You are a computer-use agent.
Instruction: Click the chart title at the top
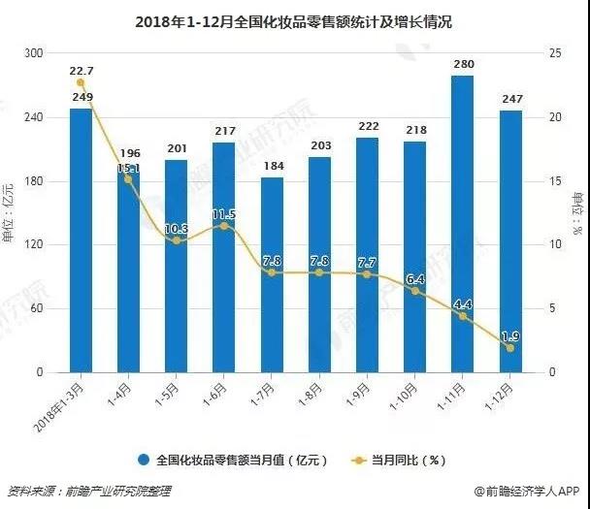[295, 20]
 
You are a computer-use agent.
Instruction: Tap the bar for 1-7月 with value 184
[272, 275]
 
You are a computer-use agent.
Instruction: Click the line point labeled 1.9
[509, 348]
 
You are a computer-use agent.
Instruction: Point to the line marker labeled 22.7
[81, 83]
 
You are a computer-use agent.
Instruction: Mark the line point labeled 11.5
[224, 226]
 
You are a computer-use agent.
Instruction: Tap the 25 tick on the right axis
[554, 54]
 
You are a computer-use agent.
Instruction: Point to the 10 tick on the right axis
[554, 245]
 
